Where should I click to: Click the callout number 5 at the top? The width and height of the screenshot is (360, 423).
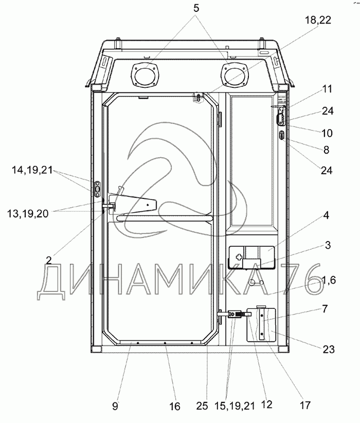pos(196,8)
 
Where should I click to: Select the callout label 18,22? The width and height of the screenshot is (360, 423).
pos(318,20)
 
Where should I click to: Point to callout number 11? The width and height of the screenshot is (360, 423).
pos(328,89)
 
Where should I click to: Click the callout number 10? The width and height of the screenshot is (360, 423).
pos(327,133)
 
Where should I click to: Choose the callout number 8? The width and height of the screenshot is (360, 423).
pos(326,150)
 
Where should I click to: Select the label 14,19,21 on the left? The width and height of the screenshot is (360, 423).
pos(32,170)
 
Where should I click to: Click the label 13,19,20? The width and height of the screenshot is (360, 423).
pos(28,214)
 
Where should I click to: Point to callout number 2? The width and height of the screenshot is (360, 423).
pos(48,261)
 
